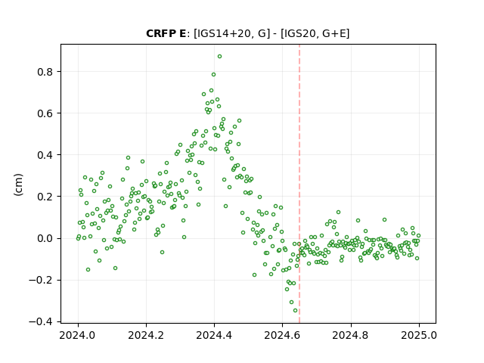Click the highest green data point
tap(219, 57)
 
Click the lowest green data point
tap(296, 311)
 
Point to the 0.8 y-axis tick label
tap(45, 72)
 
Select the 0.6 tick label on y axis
tap(45, 113)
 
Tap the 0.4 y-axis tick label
tap(45, 155)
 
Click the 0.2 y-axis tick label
tap(45, 197)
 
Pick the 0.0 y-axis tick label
tap(45, 239)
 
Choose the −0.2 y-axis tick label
tap(41, 281)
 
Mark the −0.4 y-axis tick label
tap(41, 322)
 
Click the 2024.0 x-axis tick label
tap(78, 335)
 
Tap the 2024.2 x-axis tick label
tap(146, 335)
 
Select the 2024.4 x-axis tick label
tap(214, 335)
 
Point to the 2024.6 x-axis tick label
tap(282, 335)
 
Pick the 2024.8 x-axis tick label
tap(351, 335)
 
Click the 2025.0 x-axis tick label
tap(419, 335)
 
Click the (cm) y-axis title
tap(18, 185)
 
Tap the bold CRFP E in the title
tap(166, 33)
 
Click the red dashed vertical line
tap(299, 184)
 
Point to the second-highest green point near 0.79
tap(213, 75)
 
